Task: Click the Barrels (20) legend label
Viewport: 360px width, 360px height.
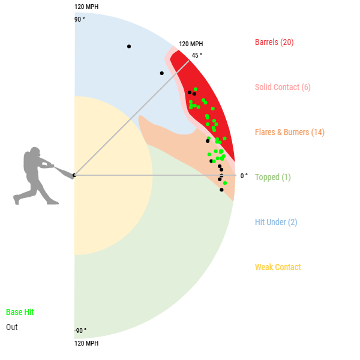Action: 274,42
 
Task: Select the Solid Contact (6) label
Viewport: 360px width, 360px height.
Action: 283,87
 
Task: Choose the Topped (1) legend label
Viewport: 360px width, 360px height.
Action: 273,177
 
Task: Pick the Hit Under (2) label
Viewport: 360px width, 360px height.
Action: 276,222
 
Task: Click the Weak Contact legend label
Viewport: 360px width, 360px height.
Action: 278,267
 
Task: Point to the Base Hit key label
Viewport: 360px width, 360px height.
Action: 20,313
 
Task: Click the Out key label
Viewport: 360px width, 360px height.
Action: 12,327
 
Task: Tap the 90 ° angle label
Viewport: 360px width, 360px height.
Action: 80,19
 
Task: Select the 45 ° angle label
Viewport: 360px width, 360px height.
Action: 197,55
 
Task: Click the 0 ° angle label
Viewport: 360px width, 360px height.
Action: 244,176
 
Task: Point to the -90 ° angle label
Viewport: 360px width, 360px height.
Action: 80,331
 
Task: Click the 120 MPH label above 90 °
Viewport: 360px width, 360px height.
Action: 86,7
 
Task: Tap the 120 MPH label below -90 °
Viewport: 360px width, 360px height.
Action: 86,344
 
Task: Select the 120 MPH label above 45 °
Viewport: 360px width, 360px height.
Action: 191,44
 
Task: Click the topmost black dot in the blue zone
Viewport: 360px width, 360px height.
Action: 129,46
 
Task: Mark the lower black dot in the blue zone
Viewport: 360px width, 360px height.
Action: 161,73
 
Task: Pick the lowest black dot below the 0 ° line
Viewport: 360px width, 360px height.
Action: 221,190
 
